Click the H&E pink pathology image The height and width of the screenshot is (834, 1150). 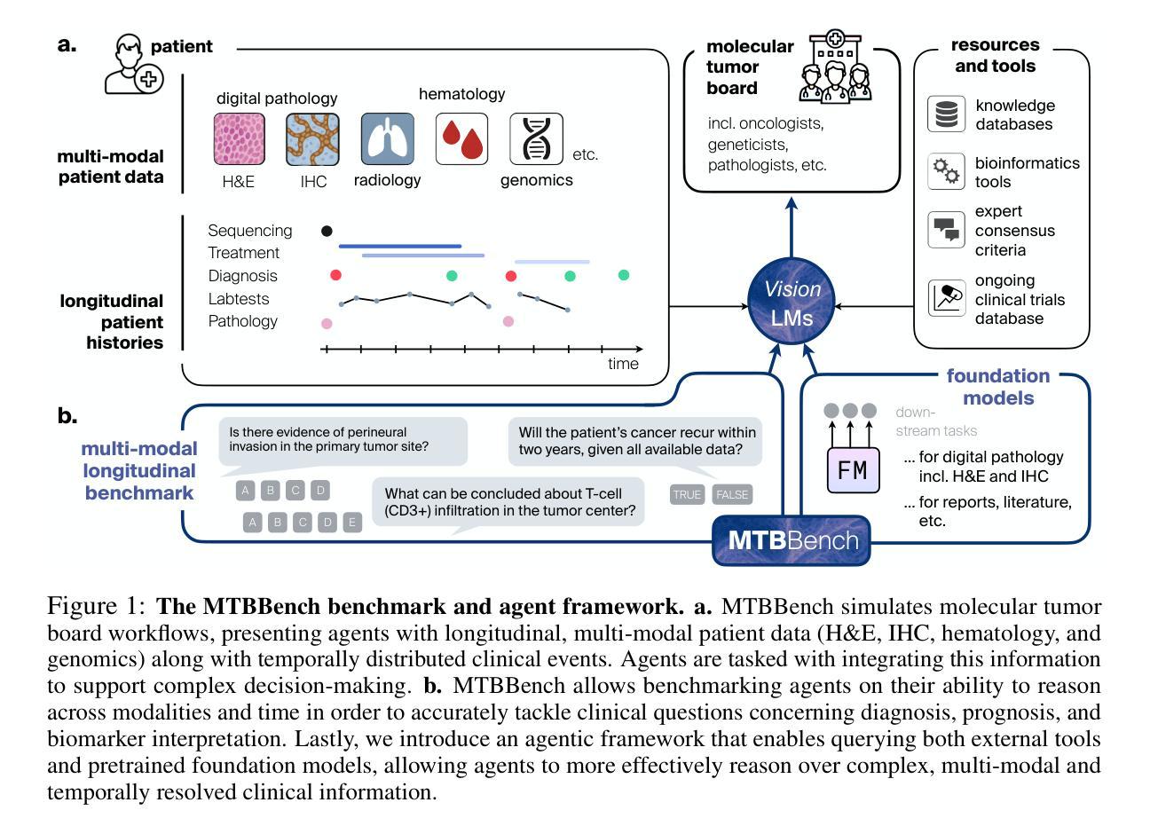[x=240, y=139]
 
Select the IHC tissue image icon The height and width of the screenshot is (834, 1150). [x=312, y=139]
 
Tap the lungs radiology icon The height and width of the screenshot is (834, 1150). [x=387, y=139]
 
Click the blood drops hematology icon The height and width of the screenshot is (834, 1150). [x=461, y=139]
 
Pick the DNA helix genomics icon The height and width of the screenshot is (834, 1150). [x=536, y=139]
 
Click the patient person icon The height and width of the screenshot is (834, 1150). [x=133, y=65]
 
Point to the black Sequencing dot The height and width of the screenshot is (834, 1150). [x=327, y=231]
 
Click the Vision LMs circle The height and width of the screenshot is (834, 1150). [x=792, y=303]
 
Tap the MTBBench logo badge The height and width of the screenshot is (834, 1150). [x=792, y=539]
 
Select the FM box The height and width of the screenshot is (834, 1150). [x=853, y=470]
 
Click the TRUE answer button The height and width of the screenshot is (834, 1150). [x=687, y=494]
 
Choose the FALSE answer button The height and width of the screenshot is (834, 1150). [x=732, y=494]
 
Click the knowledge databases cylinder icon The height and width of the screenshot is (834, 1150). [x=946, y=114]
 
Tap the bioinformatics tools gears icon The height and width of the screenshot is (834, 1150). [x=946, y=171]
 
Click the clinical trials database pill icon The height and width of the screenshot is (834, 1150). [x=946, y=298]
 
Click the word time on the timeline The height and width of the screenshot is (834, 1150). [x=623, y=364]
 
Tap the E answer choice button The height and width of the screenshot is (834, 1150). [x=352, y=522]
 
